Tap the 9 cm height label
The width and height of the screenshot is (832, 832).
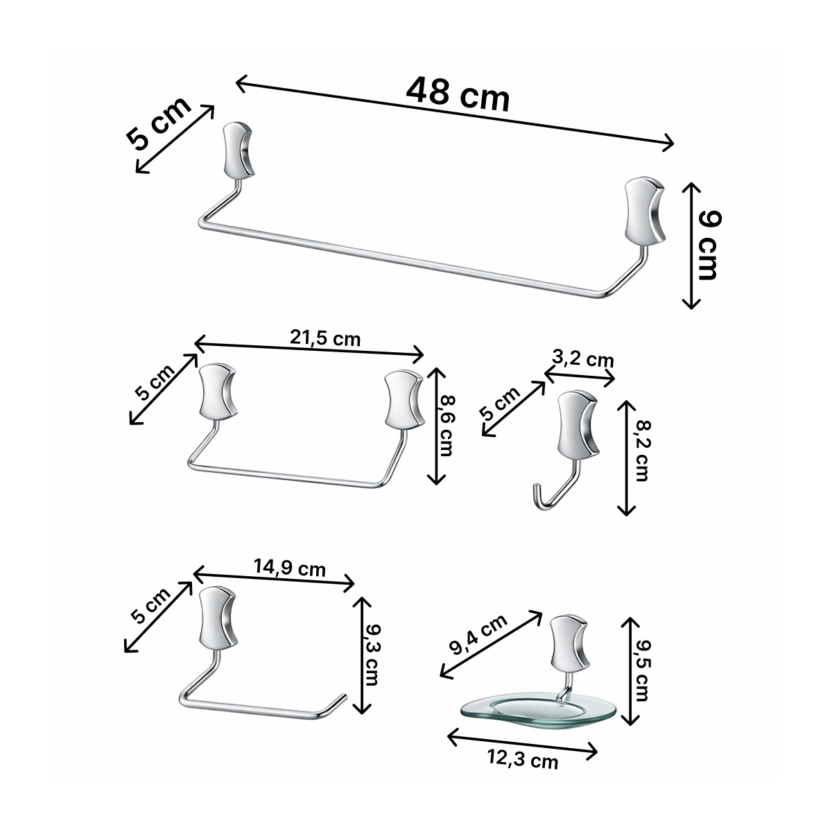coord(709,245)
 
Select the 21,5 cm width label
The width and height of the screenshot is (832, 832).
coord(324,338)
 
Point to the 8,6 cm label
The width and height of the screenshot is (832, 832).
coord(446,425)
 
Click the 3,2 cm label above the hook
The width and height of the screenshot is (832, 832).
coord(582,359)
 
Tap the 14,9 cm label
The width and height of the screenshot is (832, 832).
coord(289,568)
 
